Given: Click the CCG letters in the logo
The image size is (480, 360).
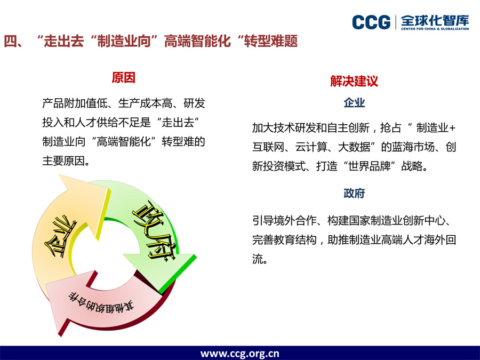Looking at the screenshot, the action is (371, 22).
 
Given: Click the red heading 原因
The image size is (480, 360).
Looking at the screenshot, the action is (123, 78).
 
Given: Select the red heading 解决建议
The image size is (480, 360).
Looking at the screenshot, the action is (354, 81).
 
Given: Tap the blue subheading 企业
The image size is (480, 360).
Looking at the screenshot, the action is (354, 102).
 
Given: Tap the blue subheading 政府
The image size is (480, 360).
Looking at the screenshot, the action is (354, 193).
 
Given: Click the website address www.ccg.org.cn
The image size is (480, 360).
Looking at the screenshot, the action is (239, 354).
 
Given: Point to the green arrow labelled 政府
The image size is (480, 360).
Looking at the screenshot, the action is (153, 233).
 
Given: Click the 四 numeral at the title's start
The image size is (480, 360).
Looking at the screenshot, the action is (11, 41).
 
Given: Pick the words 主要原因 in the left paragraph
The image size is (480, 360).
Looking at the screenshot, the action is (63, 161).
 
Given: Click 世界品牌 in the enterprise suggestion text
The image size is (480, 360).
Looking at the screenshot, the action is (370, 166).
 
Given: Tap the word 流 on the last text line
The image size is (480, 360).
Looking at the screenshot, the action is (258, 259).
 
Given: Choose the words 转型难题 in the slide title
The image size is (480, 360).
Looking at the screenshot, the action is (271, 41).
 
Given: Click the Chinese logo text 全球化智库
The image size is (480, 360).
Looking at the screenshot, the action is (435, 20).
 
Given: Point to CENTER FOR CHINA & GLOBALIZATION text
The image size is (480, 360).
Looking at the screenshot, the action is (435, 29).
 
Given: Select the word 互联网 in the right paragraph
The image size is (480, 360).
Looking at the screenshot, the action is (268, 147).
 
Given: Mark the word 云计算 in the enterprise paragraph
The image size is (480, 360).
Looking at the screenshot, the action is (311, 147).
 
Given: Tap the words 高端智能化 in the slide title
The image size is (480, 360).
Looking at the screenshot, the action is (197, 41).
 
